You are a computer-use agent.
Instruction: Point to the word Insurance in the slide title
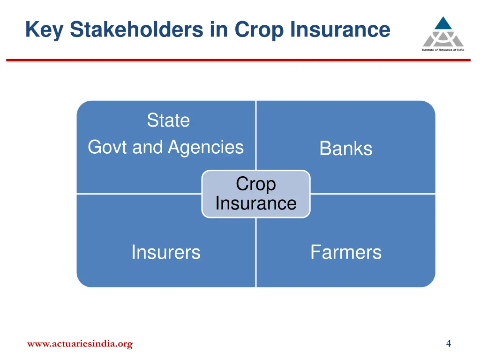[340, 30]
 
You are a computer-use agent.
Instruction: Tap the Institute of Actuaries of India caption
[443, 50]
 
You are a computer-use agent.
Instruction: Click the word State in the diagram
[168, 120]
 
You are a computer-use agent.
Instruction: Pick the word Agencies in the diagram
[206, 147]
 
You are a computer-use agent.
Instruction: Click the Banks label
[346, 149]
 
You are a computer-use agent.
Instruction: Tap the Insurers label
[165, 252]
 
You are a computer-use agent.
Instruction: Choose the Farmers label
[346, 252]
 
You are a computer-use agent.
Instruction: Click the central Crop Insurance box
[256, 194]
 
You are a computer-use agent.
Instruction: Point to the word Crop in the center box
[256, 184]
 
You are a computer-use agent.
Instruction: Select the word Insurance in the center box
[256, 203]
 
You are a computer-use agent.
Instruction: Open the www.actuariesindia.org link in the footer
[80, 344]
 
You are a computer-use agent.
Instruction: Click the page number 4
[449, 344]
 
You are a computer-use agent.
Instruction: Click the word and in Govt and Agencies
[147, 147]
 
